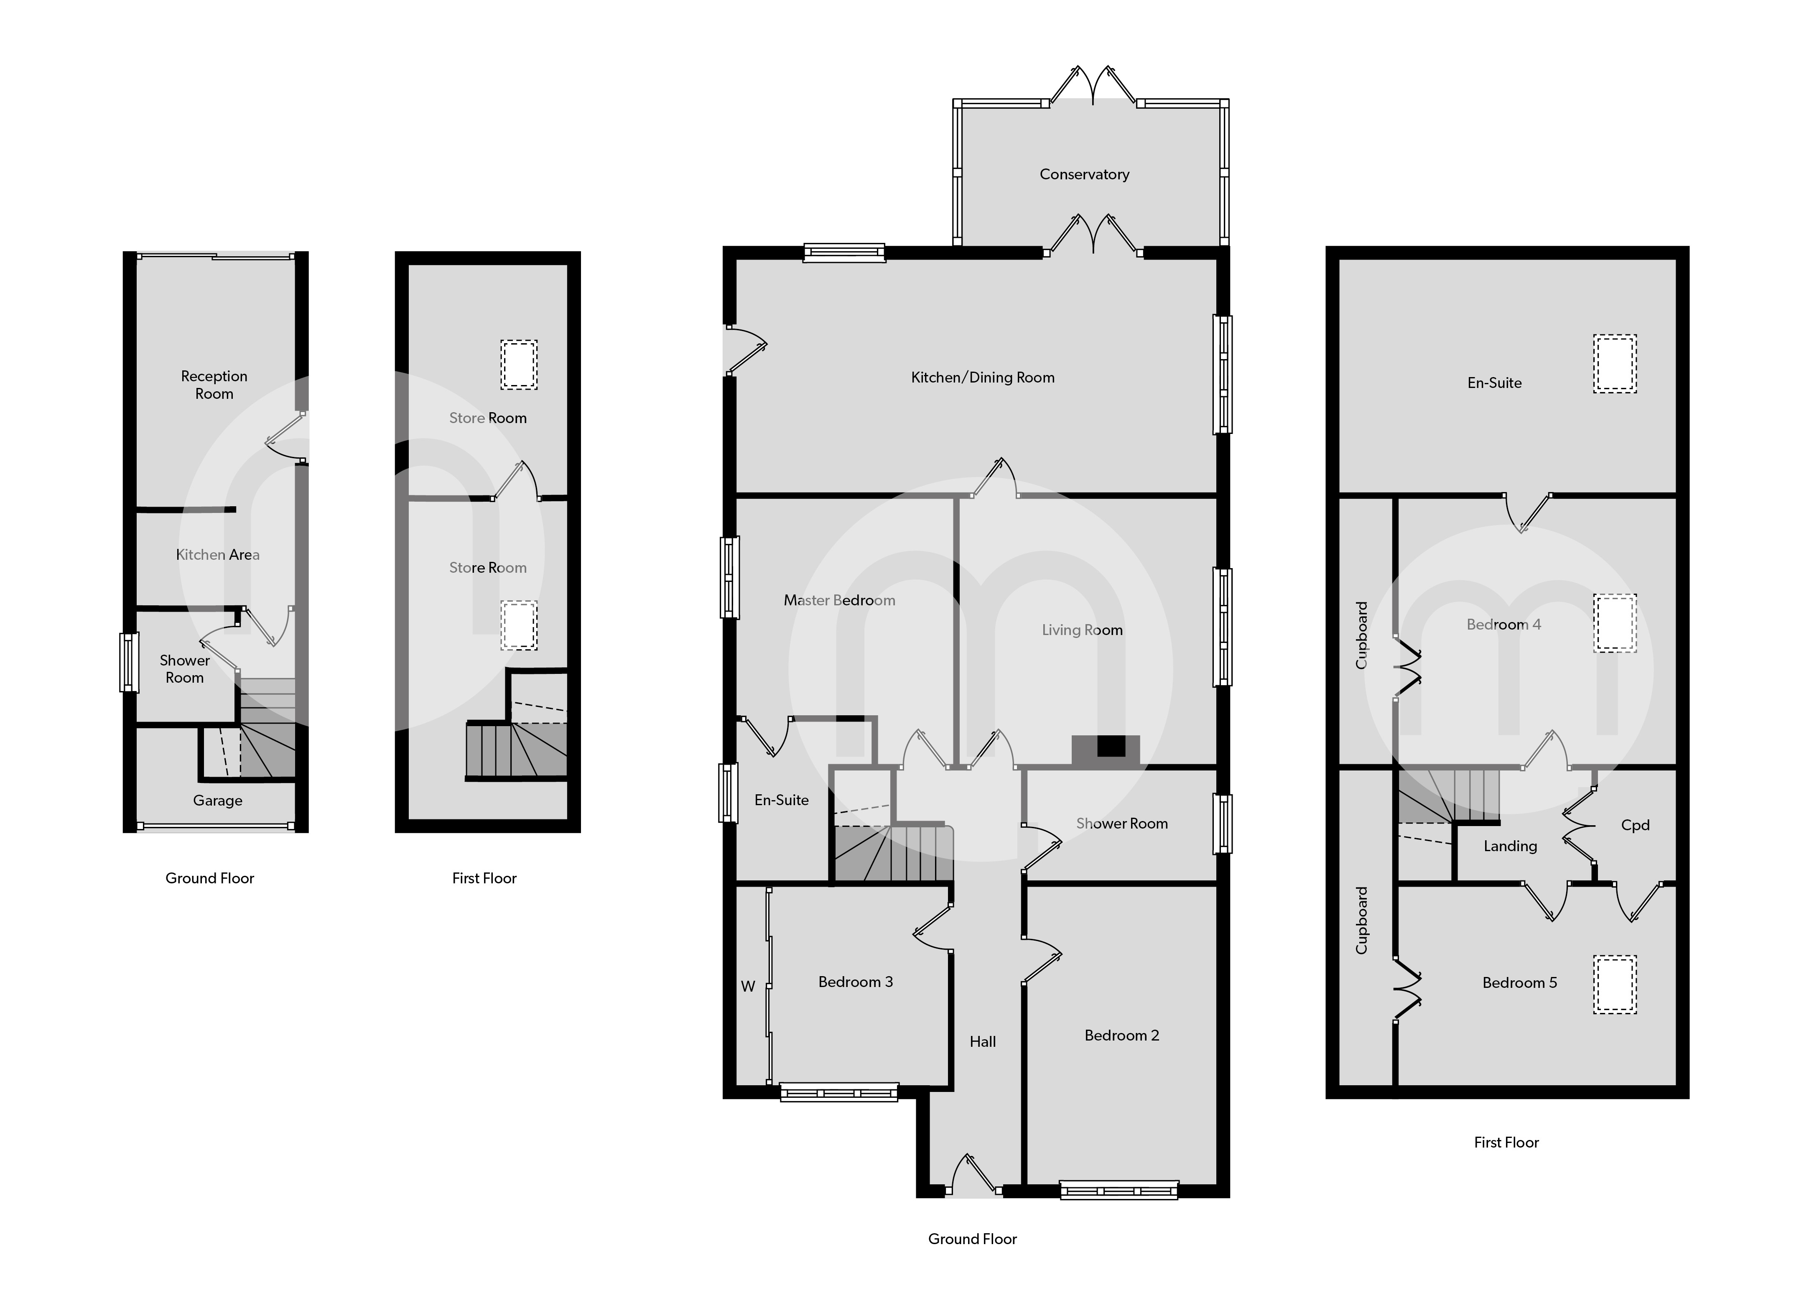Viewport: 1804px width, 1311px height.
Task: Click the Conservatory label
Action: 1084,174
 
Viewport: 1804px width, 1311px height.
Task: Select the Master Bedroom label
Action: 839,601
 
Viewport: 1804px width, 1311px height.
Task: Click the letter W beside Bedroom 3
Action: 748,987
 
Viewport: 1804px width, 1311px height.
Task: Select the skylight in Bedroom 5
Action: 1615,984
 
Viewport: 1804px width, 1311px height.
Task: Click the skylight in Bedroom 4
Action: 1615,624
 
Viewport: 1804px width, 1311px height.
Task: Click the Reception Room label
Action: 214,385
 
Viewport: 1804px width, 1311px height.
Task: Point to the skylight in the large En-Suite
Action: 1615,365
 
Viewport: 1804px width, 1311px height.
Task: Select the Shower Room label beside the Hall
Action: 1121,824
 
